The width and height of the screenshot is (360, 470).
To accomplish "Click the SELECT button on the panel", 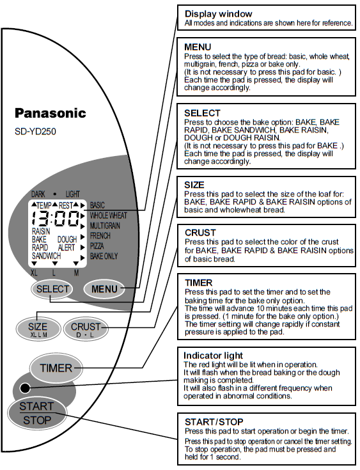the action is click(x=52, y=289).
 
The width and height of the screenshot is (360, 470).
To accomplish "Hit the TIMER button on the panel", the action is click(x=56, y=368).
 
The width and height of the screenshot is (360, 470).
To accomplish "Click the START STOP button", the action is click(x=36, y=413).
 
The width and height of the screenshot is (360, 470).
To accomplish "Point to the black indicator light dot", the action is click(x=24, y=388).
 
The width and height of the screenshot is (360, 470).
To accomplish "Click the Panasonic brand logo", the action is click(x=50, y=113).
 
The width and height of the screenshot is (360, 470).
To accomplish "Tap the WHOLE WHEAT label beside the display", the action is click(x=109, y=215).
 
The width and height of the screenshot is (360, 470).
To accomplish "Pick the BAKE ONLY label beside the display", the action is click(x=104, y=256).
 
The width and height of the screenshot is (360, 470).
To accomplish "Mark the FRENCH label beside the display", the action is click(x=100, y=235).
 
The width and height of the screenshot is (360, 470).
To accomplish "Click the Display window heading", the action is click(x=218, y=13).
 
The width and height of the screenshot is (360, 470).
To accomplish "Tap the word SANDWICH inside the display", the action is click(x=47, y=256).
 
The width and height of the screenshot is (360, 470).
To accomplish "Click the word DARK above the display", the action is click(x=39, y=193).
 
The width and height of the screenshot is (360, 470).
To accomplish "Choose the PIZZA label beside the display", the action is click(x=98, y=246).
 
